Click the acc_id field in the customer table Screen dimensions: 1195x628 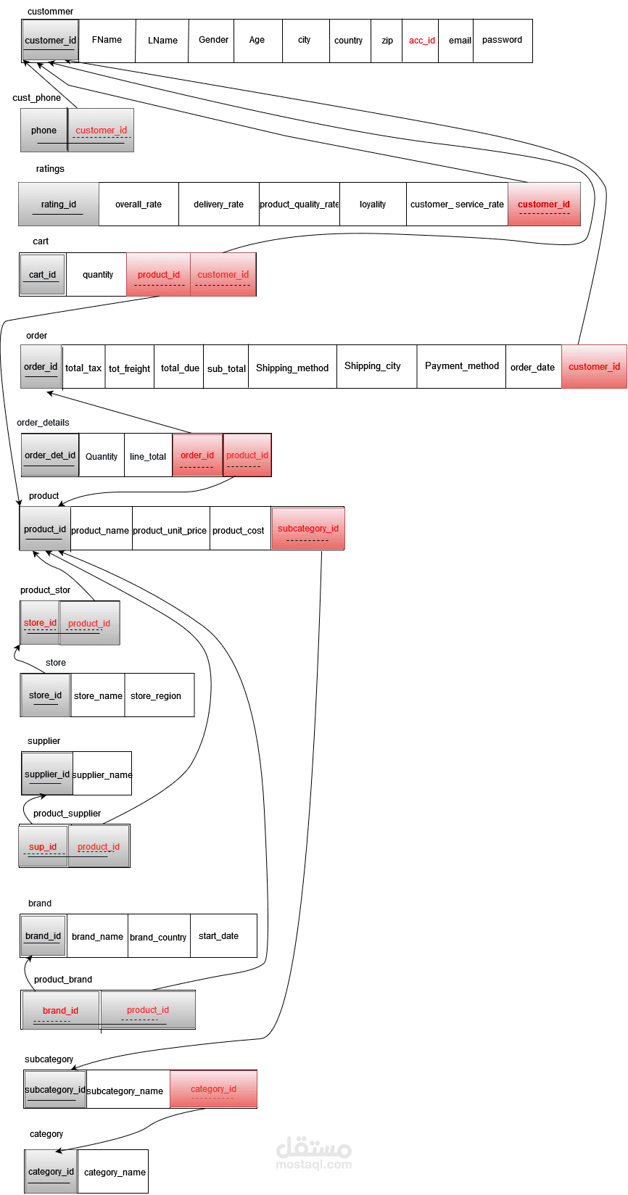click(x=421, y=41)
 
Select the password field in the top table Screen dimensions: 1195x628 click(x=502, y=41)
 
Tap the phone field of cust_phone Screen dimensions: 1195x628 click(x=44, y=131)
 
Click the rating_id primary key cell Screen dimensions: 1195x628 click(x=59, y=204)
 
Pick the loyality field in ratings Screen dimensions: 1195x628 click(x=373, y=204)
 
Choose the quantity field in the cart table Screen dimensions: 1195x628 click(x=98, y=275)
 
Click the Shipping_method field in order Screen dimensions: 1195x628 click(x=292, y=368)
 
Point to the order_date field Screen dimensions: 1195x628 click(x=532, y=368)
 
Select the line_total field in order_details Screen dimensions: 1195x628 click(x=148, y=456)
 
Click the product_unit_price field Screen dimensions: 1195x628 click(x=170, y=530)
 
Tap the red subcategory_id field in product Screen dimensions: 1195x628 click(x=308, y=529)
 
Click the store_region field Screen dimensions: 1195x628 click(x=156, y=696)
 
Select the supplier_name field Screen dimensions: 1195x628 click(x=102, y=774)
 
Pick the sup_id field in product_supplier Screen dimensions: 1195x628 click(x=43, y=846)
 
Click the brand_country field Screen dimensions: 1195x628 click(x=158, y=937)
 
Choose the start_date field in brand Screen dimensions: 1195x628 click(x=218, y=936)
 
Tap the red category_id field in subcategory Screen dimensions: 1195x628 click(x=213, y=1089)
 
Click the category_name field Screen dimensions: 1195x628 click(x=115, y=1172)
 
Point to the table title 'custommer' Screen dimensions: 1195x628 click(x=50, y=12)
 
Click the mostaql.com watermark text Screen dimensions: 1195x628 click(x=313, y=1165)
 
